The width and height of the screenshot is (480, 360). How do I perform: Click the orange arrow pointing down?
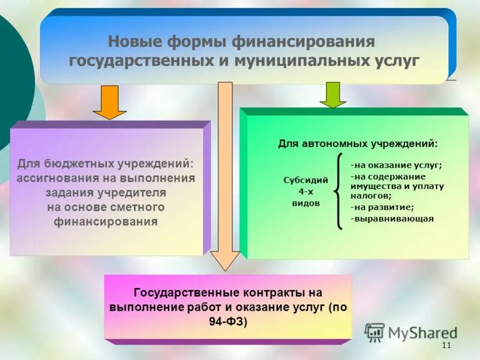[x=109, y=102]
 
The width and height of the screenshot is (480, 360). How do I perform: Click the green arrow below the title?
[x=332, y=95]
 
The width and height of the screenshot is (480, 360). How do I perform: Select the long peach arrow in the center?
[x=225, y=174]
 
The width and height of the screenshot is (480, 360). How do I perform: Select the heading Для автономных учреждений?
[x=358, y=144]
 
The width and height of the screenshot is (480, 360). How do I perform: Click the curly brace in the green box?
[x=338, y=191]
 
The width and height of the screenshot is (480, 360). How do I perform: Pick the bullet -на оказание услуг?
[x=396, y=165]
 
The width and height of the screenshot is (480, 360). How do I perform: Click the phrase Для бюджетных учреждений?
[x=106, y=163]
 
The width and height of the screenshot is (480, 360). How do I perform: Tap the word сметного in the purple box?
[x=136, y=207]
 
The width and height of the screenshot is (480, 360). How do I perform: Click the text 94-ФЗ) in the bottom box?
[x=228, y=321]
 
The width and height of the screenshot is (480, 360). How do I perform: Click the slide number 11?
[x=446, y=346]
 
